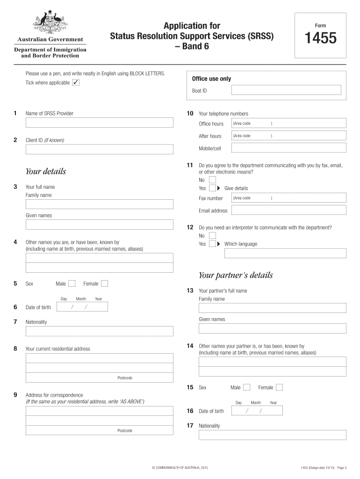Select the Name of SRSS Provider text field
[99, 123]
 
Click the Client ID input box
[99, 149]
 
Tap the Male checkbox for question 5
[72, 283]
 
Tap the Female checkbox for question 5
[105, 283]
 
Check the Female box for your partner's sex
[279, 387]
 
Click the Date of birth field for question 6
[82, 307]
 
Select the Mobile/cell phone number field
[289, 148]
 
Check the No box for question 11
[212, 180]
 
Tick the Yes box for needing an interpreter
[212, 244]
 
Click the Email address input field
[289, 210]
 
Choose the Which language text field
[285, 254]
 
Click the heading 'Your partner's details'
[236, 275]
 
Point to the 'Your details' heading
[46, 171]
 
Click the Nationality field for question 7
[99, 331]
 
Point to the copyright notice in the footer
[180, 467]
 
